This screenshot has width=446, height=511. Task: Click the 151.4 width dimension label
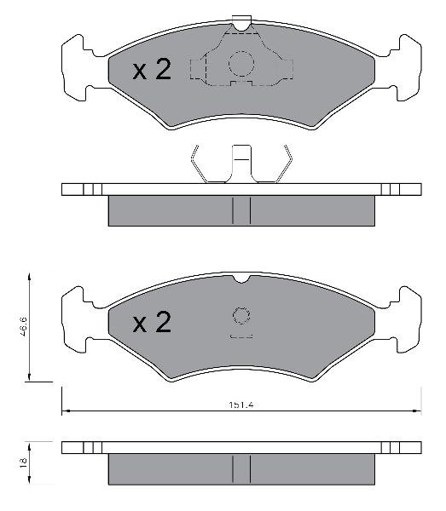(x=241, y=405)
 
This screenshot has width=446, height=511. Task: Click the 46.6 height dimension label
(x=22, y=326)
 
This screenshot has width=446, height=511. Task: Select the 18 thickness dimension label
(x=22, y=463)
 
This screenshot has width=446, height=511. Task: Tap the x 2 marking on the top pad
(x=152, y=70)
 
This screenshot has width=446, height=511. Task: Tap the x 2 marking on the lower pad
(x=152, y=322)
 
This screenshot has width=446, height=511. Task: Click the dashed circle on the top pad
(x=241, y=64)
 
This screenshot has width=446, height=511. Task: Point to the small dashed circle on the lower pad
(x=241, y=315)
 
